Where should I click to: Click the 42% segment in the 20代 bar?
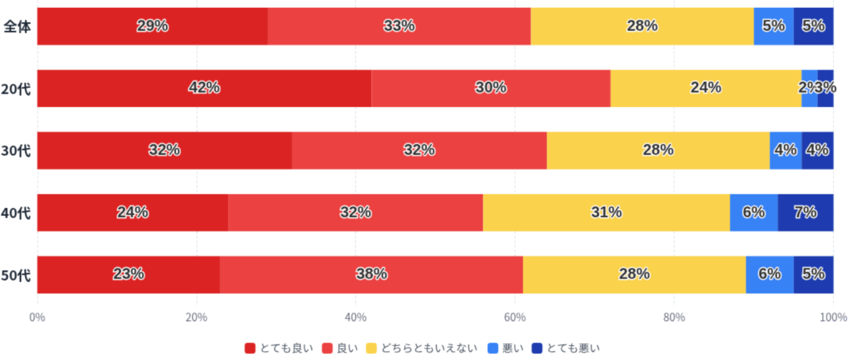(x=204, y=88)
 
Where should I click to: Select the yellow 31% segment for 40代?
(x=606, y=213)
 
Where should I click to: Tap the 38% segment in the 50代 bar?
(x=371, y=274)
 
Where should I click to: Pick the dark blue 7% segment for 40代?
(x=805, y=213)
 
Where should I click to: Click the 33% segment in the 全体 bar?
(x=399, y=26)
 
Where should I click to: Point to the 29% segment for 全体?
(x=152, y=26)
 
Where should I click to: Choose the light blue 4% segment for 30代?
(x=786, y=150)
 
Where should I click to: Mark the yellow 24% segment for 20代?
(x=705, y=88)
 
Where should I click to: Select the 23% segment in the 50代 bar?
(x=128, y=274)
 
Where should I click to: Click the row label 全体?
(x=16, y=26)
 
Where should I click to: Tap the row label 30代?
(x=16, y=151)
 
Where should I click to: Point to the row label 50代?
(x=16, y=275)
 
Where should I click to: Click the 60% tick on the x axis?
(x=515, y=317)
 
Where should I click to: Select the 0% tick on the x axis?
(x=38, y=317)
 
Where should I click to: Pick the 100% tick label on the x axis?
(x=833, y=317)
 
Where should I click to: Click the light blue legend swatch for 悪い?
(x=493, y=348)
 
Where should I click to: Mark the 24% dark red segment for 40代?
(x=132, y=213)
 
